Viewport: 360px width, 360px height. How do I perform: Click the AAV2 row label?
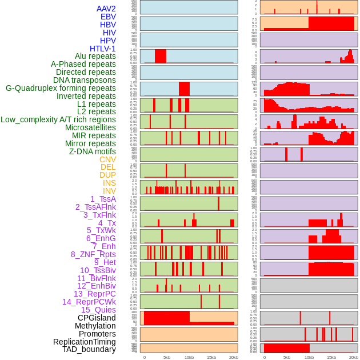click(x=106, y=9)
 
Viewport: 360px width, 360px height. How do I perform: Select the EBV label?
click(x=108, y=17)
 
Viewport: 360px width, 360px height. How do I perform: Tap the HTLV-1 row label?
click(x=103, y=49)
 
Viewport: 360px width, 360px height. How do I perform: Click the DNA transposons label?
click(x=85, y=81)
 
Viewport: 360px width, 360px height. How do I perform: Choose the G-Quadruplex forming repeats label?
click(x=61, y=89)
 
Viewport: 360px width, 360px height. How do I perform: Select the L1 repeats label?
click(x=97, y=104)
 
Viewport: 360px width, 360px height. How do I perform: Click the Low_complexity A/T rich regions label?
click(x=58, y=119)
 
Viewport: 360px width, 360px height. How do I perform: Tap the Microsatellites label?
click(x=90, y=127)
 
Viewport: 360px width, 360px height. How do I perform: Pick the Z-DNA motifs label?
click(x=93, y=151)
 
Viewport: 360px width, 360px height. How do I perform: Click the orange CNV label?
click(x=107, y=159)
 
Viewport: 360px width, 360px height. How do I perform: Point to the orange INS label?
click(x=109, y=183)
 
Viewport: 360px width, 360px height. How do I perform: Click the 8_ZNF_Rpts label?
click(x=93, y=254)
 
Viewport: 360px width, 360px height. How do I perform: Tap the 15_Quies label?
click(x=98, y=310)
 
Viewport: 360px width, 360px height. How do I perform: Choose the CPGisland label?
click(x=97, y=318)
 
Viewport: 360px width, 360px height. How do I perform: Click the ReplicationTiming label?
click(x=85, y=342)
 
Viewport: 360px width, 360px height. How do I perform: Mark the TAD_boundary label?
click(x=89, y=349)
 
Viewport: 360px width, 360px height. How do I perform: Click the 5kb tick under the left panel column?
click(x=167, y=357)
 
